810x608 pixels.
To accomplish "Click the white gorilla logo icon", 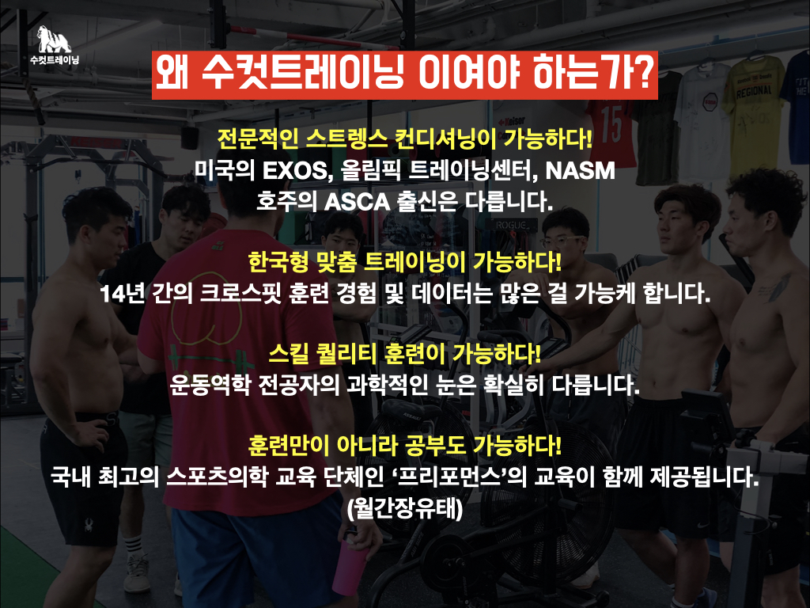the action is [55, 39].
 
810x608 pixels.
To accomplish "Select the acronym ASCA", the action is [357, 202].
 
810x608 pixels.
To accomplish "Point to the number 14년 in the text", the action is [120, 294].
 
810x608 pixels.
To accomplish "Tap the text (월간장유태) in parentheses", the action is [405, 509].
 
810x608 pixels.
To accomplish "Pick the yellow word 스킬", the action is [289, 354].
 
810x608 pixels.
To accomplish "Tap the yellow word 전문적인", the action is [258, 139].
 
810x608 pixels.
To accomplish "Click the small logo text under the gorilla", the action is [55, 60].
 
